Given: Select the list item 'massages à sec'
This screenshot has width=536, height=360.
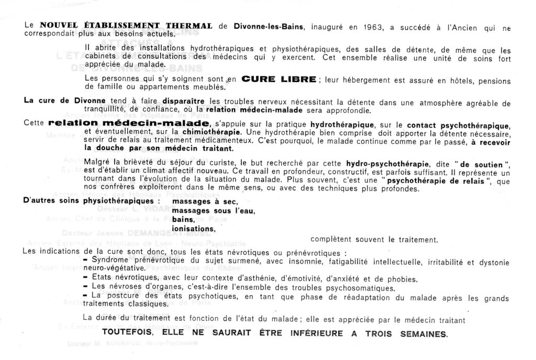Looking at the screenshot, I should (x=205, y=202).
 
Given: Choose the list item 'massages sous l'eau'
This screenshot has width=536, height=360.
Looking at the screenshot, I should (x=214, y=211).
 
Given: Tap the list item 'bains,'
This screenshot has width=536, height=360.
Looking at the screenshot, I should (x=183, y=220).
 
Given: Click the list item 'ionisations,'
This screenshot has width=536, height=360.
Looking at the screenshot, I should (x=194, y=229).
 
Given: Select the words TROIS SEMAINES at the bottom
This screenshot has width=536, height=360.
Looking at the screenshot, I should (x=407, y=333).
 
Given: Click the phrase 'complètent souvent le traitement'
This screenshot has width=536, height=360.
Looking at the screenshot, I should (x=373, y=240).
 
